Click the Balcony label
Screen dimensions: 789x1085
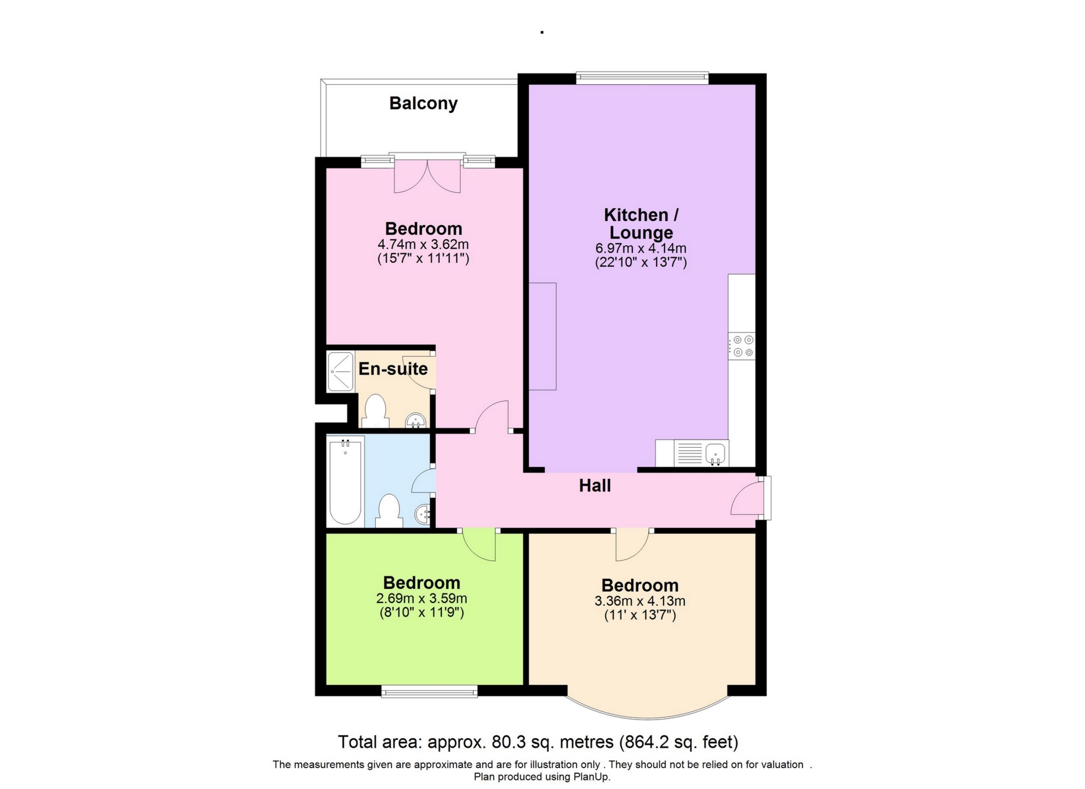[x=423, y=103]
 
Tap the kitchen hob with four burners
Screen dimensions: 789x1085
[x=742, y=346]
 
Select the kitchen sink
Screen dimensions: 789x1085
[x=715, y=453]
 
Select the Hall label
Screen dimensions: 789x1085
[x=594, y=485]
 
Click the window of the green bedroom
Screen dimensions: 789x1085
[x=429, y=691]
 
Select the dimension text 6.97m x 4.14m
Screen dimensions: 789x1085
[x=641, y=248]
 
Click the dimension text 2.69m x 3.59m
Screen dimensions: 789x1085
[x=422, y=599]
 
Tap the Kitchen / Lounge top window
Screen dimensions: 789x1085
[x=642, y=77]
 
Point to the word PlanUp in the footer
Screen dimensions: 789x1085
[x=592, y=777]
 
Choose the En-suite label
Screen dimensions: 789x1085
[x=393, y=369]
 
